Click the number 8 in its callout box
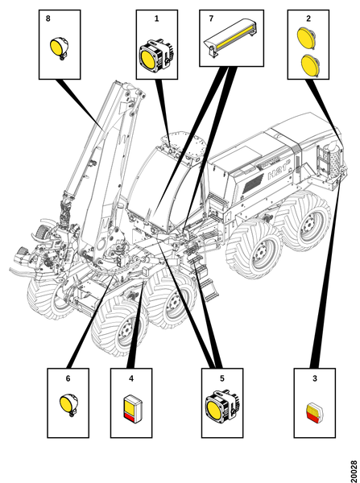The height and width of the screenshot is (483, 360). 48,19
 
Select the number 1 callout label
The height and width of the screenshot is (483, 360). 156,19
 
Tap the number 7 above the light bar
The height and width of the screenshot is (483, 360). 211,19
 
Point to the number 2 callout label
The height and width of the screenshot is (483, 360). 308,19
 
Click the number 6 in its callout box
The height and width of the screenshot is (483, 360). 68,378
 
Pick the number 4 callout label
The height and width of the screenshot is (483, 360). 131,378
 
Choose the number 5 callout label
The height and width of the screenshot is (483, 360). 222,378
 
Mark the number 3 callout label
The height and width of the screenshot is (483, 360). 315,378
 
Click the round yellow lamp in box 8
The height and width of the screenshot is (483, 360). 59,47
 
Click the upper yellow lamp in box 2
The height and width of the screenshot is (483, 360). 306,37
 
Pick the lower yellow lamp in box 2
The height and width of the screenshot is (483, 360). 310,64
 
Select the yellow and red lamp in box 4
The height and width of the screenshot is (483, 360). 133,408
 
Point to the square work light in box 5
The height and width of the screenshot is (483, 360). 222,404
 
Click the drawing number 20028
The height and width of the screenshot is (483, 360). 354,471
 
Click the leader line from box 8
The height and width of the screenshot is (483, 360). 81,104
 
